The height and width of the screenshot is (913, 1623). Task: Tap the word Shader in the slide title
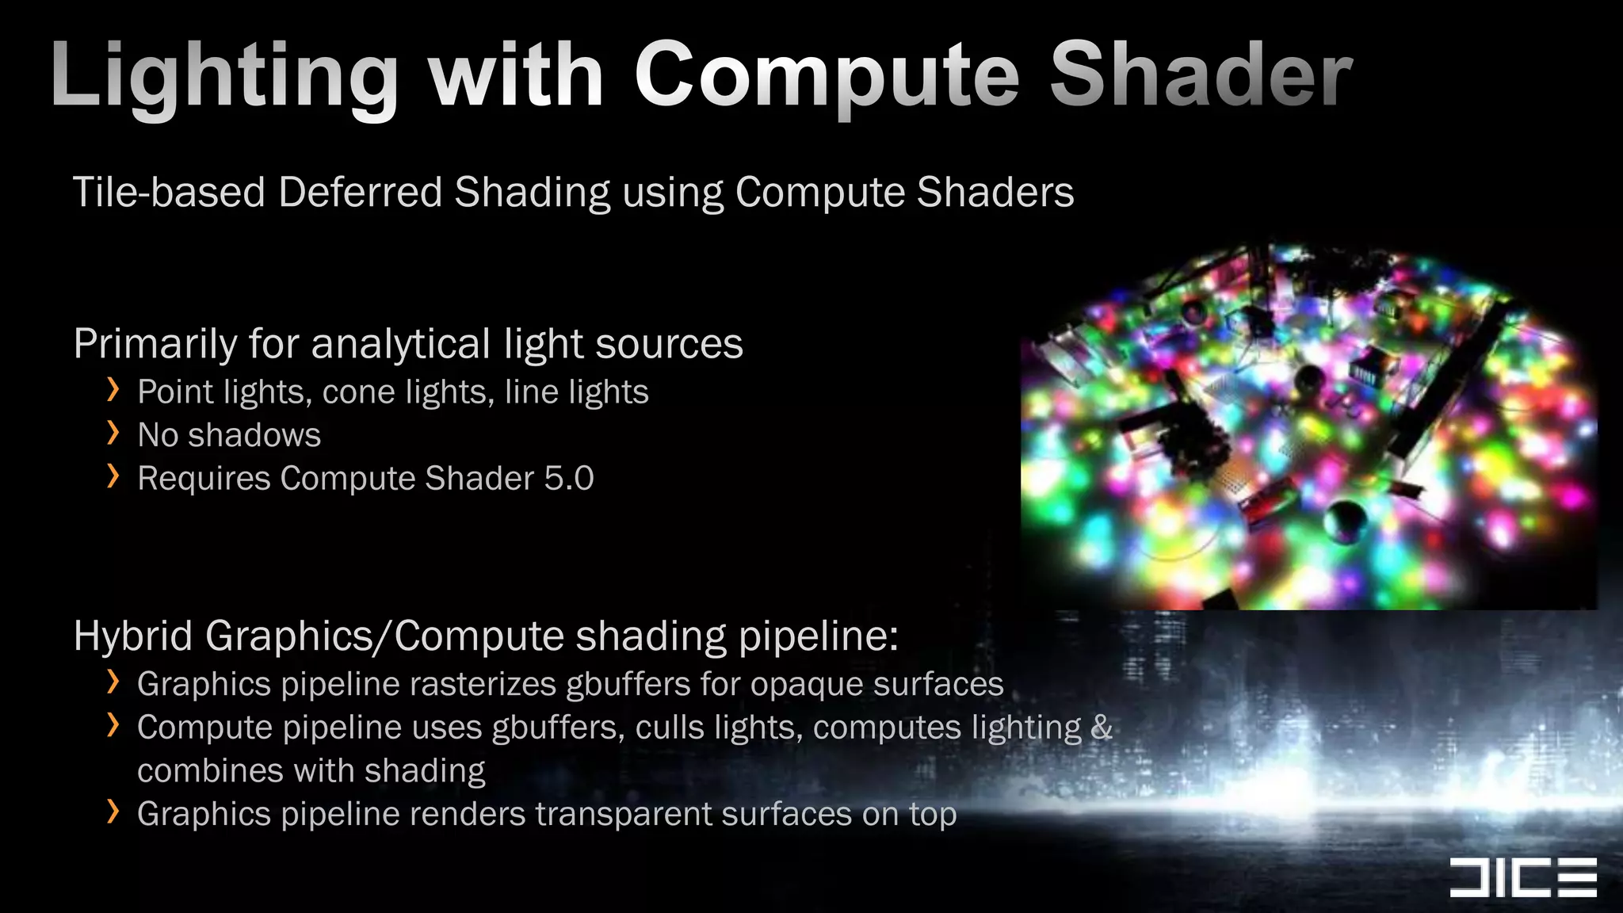1201,75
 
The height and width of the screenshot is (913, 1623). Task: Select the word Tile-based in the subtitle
169,193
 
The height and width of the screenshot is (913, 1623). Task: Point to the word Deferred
360,193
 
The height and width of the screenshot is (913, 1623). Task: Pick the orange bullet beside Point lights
113,390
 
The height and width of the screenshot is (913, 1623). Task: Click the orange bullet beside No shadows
113,433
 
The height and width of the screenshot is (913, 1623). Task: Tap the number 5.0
569,479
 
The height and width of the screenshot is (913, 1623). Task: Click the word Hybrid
132,636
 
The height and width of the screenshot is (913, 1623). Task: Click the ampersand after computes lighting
1102,728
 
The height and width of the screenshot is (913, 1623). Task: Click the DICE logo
1522,877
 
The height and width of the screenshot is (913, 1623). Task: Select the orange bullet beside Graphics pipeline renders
113,812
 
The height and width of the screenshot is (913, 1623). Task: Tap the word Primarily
155,345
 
